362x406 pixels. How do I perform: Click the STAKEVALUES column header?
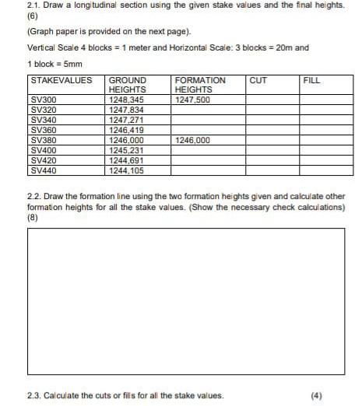point(59,80)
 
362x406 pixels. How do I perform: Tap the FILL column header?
point(311,80)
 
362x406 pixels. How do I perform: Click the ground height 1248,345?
point(126,100)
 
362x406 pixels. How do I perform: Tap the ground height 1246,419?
point(126,131)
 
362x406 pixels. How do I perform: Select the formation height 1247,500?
point(193,100)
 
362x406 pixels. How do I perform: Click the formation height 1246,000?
point(193,141)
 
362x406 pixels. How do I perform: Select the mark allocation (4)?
point(315,395)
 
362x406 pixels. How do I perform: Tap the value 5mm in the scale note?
point(72,64)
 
